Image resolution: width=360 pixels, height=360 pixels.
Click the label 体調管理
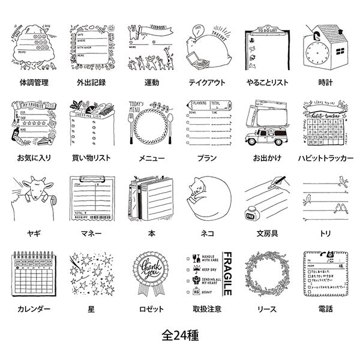click(34, 82)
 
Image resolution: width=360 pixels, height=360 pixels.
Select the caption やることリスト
click(267, 82)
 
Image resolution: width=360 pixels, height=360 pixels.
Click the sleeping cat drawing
click(208, 201)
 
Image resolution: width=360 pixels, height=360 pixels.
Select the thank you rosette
click(150, 270)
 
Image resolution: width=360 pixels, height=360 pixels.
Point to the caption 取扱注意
click(208, 310)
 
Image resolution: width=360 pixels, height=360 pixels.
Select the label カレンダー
click(34, 310)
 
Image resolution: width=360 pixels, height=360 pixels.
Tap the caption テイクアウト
click(208, 82)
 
